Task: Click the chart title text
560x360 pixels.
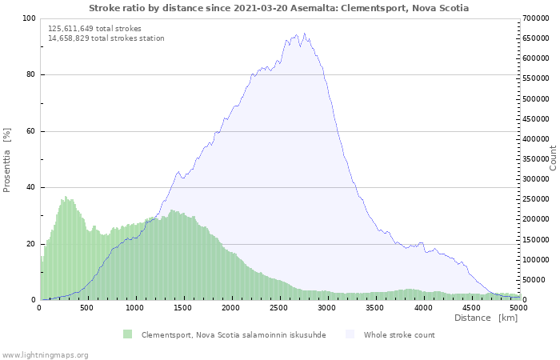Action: (x=279, y=8)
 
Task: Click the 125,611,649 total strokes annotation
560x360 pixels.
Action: (x=94, y=28)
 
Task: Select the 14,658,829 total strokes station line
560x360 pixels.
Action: (x=106, y=38)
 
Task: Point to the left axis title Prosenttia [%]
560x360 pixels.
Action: (x=7, y=159)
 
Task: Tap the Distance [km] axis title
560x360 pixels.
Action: (x=486, y=318)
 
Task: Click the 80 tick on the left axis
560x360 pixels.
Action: (x=31, y=75)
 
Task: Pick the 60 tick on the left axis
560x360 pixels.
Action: (x=31, y=131)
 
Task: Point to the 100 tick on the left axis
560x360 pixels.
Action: (x=29, y=18)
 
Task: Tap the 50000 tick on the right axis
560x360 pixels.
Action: (x=534, y=280)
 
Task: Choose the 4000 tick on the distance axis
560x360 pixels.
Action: (x=423, y=307)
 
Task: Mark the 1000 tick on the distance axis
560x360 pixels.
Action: (x=135, y=307)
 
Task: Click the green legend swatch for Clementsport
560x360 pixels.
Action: (x=127, y=334)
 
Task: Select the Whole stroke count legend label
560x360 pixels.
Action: (x=399, y=334)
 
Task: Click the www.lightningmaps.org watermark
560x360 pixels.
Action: (x=45, y=354)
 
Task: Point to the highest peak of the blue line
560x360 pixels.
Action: (x=304, y=34)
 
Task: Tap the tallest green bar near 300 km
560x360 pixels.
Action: (x=66, y=197)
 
